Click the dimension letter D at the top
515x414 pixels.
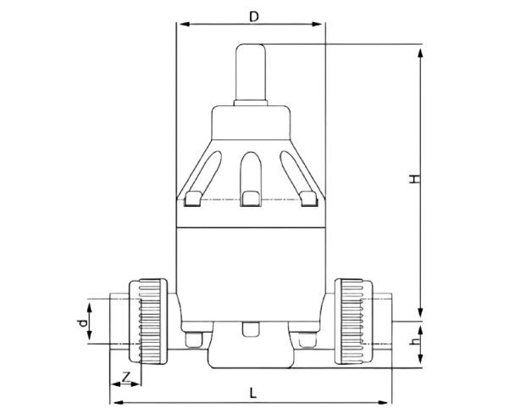tap(252, 16)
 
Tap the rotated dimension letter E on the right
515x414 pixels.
tap(413, 178)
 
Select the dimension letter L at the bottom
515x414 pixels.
tap(252, 393)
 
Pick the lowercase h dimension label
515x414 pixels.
tap(413, 342)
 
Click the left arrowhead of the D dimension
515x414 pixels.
tap(180, 25)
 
